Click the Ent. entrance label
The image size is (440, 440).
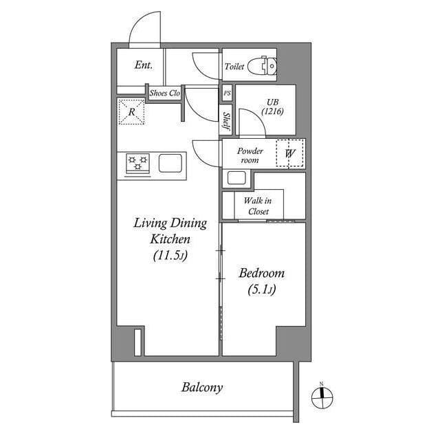pos(143,66)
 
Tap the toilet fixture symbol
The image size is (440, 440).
pos(262,66)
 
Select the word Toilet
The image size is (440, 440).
pos(234,67)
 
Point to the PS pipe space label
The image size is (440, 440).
pos(227,93)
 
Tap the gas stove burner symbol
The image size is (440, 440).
pos(137,163)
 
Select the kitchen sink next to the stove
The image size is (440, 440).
pos(170,163)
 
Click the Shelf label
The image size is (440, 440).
pos(226,122)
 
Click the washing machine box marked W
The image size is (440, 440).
pos(290,153)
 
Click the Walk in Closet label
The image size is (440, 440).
pos(258,206)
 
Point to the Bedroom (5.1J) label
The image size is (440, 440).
pos(261,281)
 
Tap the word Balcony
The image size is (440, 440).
pos(202,387)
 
